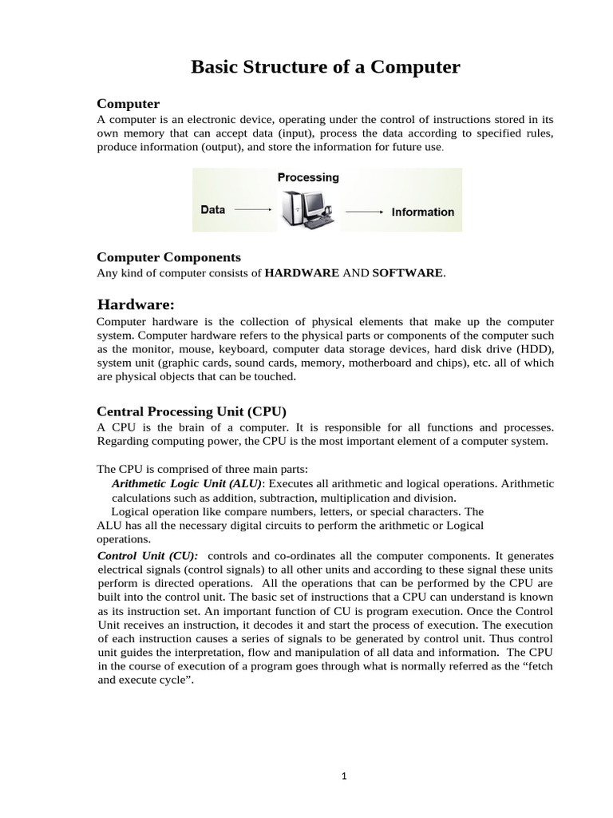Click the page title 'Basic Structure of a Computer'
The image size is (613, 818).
pyautogui.click(x=326, y=67)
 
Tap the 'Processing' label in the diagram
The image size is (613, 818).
pyautogui.click(x=308, y=177)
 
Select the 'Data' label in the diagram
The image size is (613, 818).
pyautogui.click(x=212, y=210)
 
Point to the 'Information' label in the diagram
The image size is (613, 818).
pyautogui.click(x=422, y=212)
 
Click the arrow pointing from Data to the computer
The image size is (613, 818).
pyautogui.click(x=253, y=210)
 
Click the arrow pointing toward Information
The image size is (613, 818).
pyautogui.click(x=364, y=212)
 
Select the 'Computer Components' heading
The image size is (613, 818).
pyautogui.click(x=168, y=256)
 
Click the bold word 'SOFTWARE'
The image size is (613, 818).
pyautogui.click(x=408, y=273)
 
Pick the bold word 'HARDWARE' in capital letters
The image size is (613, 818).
pyautogui.click(x=302, y=273)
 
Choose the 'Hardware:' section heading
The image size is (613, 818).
pyautogui.click(x=135, y=304)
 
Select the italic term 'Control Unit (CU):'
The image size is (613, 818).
pyautogui.click(x=148, y=555)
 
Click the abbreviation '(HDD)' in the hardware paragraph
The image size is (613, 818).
pyautogui.click(x=534, y=349)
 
